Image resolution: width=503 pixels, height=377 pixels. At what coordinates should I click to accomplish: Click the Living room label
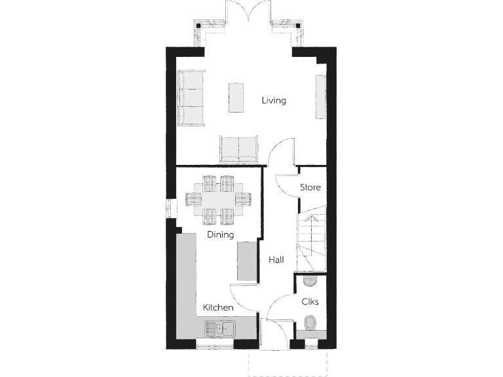274,101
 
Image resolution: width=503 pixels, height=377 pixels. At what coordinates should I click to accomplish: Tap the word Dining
220,234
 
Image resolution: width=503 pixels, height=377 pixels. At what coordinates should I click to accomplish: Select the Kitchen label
218,307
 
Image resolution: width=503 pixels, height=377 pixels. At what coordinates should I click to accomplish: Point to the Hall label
276,260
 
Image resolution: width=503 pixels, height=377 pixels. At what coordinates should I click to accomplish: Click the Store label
310,188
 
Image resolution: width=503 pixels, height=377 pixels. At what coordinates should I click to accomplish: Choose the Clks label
310,302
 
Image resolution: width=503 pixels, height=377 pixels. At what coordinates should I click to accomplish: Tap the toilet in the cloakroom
310,324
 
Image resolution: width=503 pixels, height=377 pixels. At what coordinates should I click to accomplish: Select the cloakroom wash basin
310,281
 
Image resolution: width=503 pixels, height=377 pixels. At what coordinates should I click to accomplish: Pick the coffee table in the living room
236,98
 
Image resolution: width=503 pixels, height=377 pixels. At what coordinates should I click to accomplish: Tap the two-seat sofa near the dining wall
238,149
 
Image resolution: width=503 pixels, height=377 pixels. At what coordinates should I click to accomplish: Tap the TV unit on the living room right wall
320,97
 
